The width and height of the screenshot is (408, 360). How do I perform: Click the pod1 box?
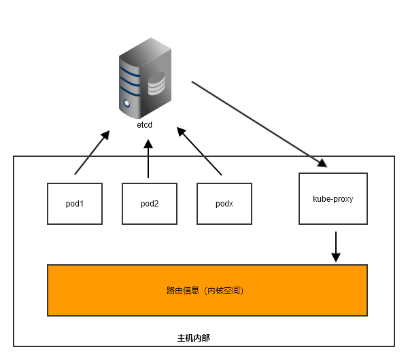point(75,203)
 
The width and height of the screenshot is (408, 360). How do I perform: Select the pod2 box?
point(150,203)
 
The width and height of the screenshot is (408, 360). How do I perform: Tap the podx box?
point(224,203)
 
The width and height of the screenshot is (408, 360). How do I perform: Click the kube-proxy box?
point(333,198)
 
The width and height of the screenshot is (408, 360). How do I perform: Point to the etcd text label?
point(145,125)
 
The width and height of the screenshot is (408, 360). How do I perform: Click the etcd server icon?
point(144,77)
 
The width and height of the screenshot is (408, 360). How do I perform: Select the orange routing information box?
point(207,290)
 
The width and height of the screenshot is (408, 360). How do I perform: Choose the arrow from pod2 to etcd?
point(148,159)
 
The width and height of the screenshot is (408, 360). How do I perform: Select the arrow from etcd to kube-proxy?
point(258,123)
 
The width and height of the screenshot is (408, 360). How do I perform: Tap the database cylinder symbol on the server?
point(157,84)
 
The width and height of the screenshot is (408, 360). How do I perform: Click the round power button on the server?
point(126,104)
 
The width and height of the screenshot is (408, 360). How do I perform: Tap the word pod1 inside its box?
point(75,203)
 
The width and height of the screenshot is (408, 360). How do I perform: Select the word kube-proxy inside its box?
point(333,199)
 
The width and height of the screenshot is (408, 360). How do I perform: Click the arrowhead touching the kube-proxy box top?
point(322,163)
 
